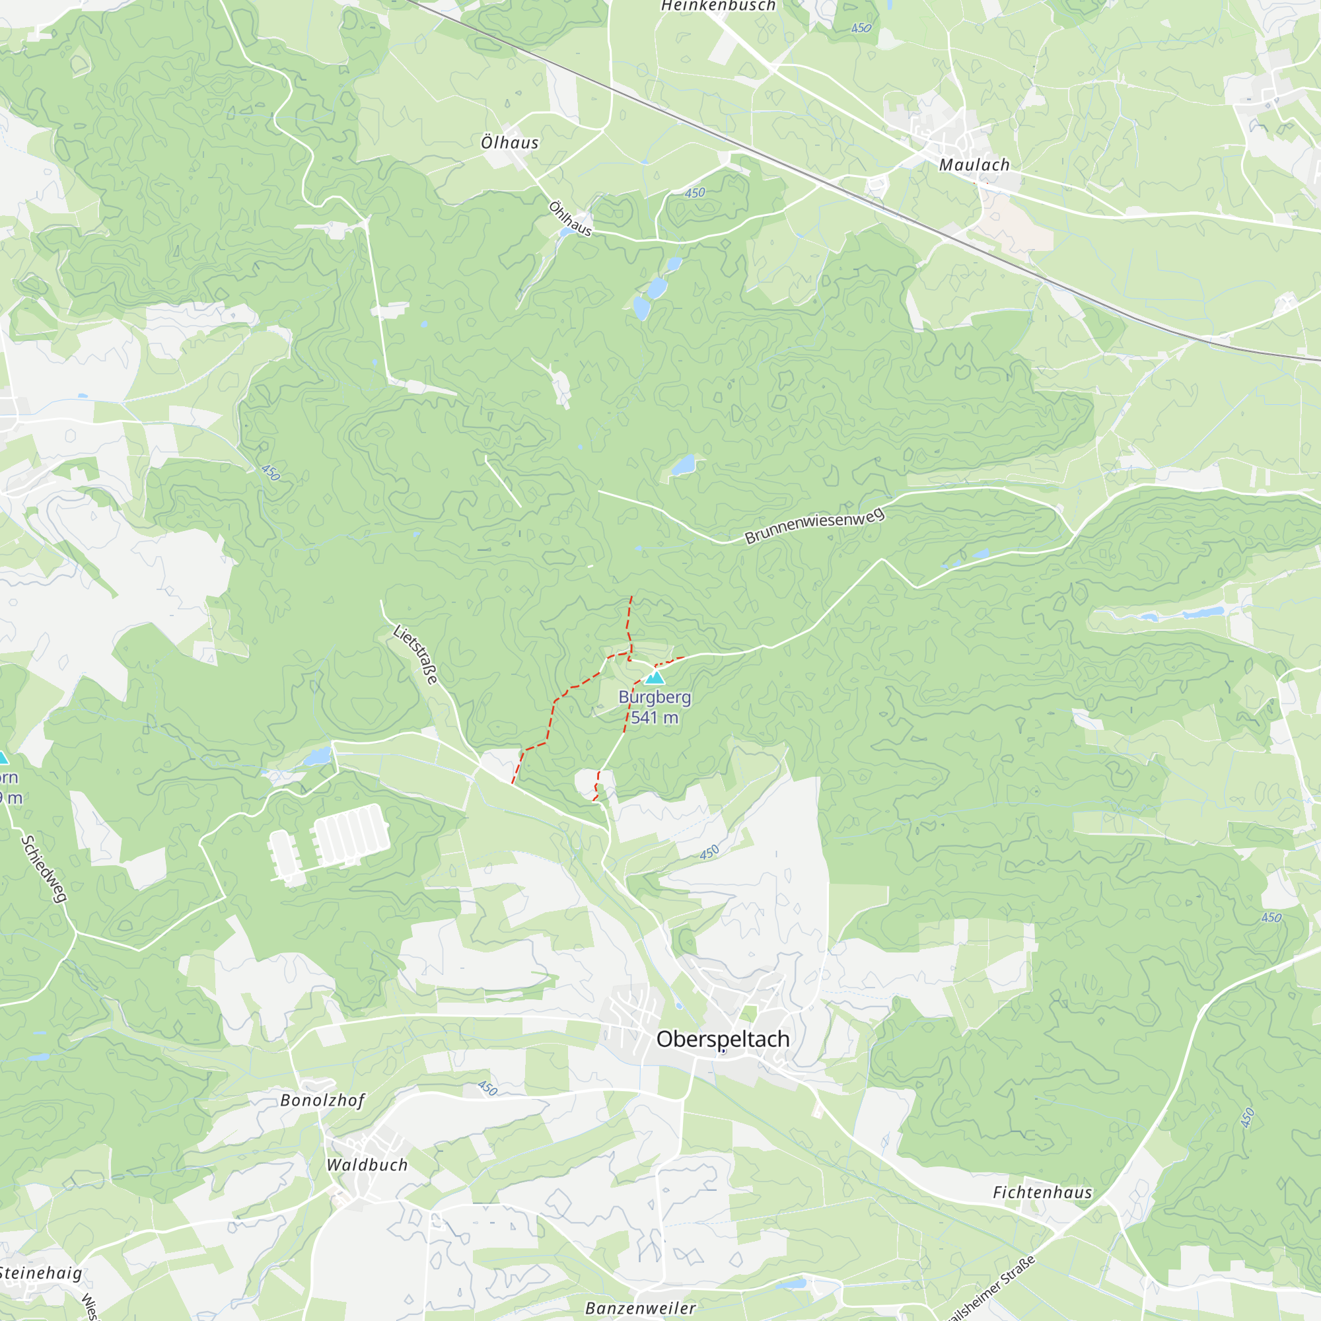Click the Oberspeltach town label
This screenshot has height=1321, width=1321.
pos(723,1038)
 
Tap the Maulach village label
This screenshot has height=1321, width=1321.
pos(974,164)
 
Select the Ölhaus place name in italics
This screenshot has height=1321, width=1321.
pos(509,142)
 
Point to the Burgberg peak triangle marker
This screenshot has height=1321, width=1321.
pos(655,678)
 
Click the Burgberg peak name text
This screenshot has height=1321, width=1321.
pos(655,697)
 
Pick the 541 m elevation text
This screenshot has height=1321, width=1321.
pos(655,717)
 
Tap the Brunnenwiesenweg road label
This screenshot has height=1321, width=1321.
pos(814,526)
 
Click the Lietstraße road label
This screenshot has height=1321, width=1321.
pos(415,654)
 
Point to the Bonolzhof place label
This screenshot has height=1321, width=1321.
pos(323,1100)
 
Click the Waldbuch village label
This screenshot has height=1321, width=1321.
pos(367,1164)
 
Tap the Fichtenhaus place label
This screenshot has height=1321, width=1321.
pos(1042,1192)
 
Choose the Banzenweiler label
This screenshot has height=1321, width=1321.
pos(641,1308)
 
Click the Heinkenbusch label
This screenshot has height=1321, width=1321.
pos(718,6)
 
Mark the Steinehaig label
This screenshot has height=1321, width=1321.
pos(41,1273)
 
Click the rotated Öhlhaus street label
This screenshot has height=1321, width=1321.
pos(570,218)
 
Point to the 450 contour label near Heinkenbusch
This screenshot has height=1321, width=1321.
pos(861,28)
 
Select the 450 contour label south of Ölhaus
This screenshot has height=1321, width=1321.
pos(695,193)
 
